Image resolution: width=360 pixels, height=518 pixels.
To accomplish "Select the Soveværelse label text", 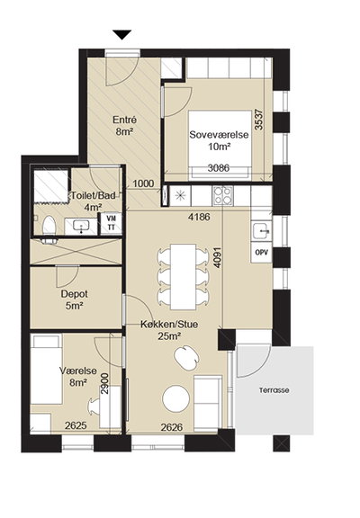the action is (219, 135).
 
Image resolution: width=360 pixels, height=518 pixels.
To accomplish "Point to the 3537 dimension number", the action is (260, 120).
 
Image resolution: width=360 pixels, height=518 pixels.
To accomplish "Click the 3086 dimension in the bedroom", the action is (218, 168).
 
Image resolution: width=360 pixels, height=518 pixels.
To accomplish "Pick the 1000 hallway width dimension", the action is (143, 183).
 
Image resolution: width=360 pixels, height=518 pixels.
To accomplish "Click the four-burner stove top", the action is (223, 195).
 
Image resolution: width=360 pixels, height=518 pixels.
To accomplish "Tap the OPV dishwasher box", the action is (261, 253).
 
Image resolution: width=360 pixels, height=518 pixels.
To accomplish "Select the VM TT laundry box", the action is (111, 223).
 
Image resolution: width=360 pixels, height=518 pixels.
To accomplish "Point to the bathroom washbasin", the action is (81, 227).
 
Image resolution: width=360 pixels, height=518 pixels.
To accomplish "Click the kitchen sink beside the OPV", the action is (262, 230).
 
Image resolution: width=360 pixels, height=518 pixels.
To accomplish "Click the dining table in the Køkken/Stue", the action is (184, 277).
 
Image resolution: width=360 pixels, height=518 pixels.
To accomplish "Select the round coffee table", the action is (176, 398).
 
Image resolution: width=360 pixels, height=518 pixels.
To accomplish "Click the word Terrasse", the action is (274, 390).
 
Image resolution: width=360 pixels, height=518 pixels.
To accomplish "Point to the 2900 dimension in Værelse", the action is (104, 383).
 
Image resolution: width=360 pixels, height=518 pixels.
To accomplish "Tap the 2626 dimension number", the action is (172, 427).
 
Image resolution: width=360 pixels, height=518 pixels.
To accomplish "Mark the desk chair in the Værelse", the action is (94, 406).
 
